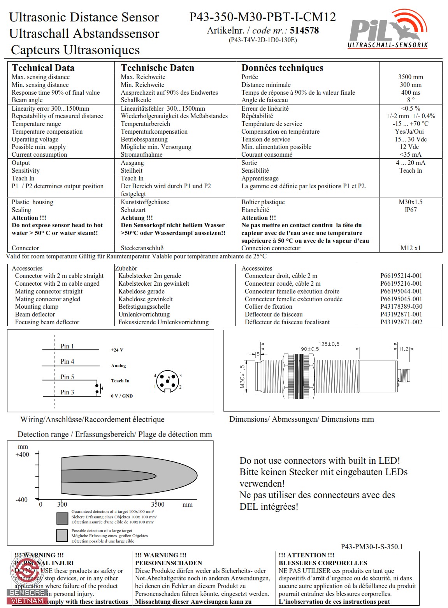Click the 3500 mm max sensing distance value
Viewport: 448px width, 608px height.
pyautogui.click(x=410, y=77)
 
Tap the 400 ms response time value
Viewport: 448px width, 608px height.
pyautogui.click(x=410, y=92)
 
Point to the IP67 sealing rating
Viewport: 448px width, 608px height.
pyautogui.click(x=410, y=210)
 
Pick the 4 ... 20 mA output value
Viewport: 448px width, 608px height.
pyautogui.click(x=410, y=163)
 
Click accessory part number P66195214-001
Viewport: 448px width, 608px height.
pyautogui.click(x=401, y=276)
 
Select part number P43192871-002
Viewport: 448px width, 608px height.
pyautogui.click(x=401, y=322)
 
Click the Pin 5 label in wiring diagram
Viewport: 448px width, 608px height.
pyautogui.click(x=67, y=377)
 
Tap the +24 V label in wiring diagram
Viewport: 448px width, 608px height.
pyautogui.click(x=117, y=350)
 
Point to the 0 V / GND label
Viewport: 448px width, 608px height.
pyautogui.click(x=121, y=396)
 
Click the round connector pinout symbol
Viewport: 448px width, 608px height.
pyautogui.click(x=167, y=381)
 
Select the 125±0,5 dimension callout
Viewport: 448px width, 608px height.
pyautogui.click(x=329, y=344)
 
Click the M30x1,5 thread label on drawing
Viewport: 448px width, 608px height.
pyautogui.click(x=242, y=376)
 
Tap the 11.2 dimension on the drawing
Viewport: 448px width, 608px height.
pyautogui.click(x=403, y=349)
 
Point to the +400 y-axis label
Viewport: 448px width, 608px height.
pyautogui.click(x=22, y=454)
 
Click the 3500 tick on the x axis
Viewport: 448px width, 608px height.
pyautogui.click(x=158, y=504)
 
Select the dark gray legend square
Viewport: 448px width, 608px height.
pyautogui.click(x=62, y=518)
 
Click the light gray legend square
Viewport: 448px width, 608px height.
pyautogui.click(x=62, y=536)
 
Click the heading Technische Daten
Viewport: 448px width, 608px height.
pyautogui.click(x=157, y=68)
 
